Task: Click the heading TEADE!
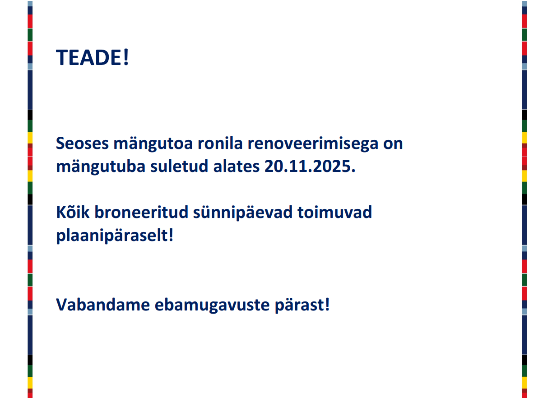[x=92, y=57]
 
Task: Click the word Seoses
[x=82, y=143]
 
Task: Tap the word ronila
[x=220, y=143]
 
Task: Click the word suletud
[x=179, y=166]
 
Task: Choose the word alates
[x=237, y=167]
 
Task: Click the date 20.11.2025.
[x=310, y=167]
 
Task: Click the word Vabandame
[x=103, y=305]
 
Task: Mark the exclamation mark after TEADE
[x=126, y=57]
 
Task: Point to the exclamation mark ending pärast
[x=327, y=305]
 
